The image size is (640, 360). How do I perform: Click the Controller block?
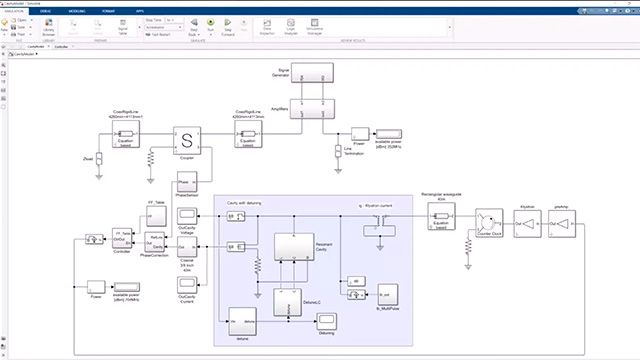pos(122,241)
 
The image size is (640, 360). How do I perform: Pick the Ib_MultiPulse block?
pos(384,296)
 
